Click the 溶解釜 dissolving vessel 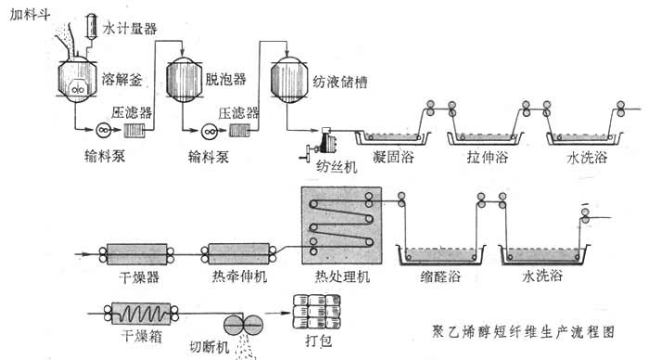pyautogui.click(x=77, y=79)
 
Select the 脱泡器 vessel pyautogui.click(x=184, y=80)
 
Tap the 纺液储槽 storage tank pyautogui.click(x=289, y=80)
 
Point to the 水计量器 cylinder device pyautogui.click(x=91, y=27)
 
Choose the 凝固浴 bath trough pyautogui.click(x=393, y=138)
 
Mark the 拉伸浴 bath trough pyautogui.click(x=485, y=138)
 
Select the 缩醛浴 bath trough pyautogui.click(x=441, y=255)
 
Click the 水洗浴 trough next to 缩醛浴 pyautogui.click(x=544, y=255)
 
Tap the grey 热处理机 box pyautogui.click(x=342, y=225)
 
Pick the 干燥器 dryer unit pyautogui.click(x=136, y=254)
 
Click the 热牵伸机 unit pyautogui.click(x=239, y=254)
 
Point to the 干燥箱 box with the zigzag pyautogui.click(x=141, y=314)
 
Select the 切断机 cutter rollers pyautogui.click(x=244, y=325)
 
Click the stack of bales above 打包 pyautogui.click(x=317, y=312)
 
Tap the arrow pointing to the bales pyautogui.click(x=278, y=313)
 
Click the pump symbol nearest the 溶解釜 pyautogui.click(x=104, y=131)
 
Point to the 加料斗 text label pyautogui.click(x=30, y=15)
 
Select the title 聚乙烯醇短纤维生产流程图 pyautogui.click(x=524, y=332)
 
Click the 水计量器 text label pyautogui.click(x=130, y=29)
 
